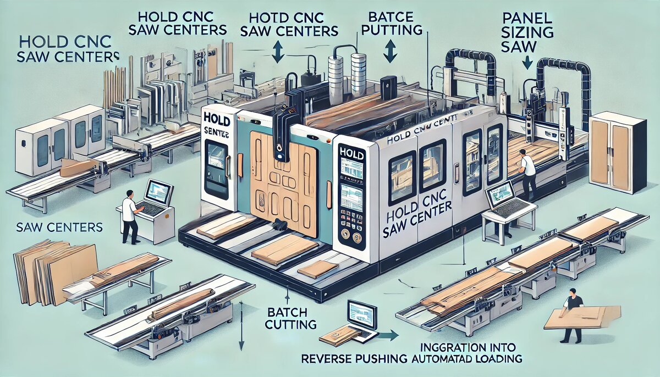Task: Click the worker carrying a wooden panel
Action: coord(572,311)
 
